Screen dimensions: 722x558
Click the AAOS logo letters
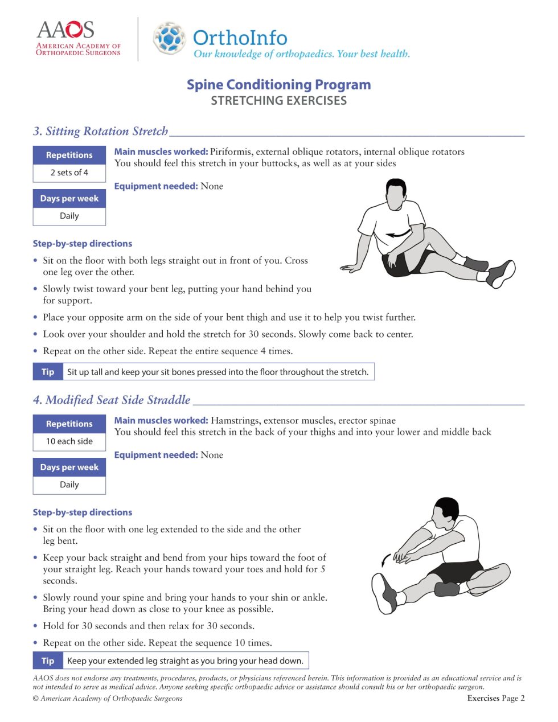coord(65,30)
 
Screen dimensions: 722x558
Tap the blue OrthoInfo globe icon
coord(169,38)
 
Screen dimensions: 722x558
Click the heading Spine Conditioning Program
coord(278,85)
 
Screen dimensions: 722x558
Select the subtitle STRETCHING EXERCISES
coord(278,101)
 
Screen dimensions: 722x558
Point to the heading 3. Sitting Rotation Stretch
coord(101,132)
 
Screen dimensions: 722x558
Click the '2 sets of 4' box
coord(69,173)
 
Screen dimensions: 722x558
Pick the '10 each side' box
coord(69,441)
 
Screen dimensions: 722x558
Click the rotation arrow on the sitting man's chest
coord(398,233)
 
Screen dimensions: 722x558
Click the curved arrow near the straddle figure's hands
coord(386,561)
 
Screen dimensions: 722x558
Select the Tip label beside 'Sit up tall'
coord(48,372)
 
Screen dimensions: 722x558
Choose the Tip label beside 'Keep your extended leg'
coord(48,661)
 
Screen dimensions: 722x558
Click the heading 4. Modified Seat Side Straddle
coord(112,400)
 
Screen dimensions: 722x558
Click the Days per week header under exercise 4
coord(69,467)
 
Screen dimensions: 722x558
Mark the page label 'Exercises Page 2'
coord(495,698)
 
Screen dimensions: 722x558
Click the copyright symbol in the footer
coord(36,698)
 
